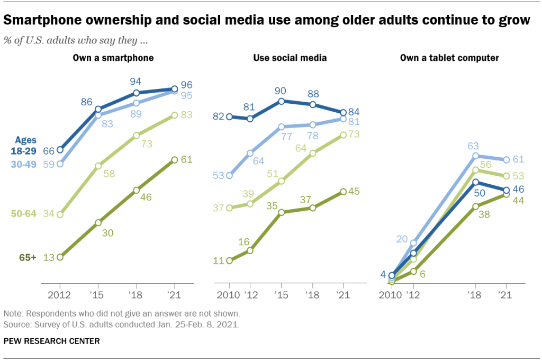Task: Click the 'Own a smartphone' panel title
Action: pos(113,58)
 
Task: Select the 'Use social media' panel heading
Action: pos(290,58)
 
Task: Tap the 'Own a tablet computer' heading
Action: pos(449,58)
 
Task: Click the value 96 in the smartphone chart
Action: pos(186,85)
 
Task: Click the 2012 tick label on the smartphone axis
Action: pos(60,294)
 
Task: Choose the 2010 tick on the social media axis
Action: pos(229,294)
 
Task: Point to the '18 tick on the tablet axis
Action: pos(475,294)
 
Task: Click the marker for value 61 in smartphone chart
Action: pos(175,159)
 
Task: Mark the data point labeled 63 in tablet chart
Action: pos(475,156)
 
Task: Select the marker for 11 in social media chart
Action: pos(229,260)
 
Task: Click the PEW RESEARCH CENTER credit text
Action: pos(51,341)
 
